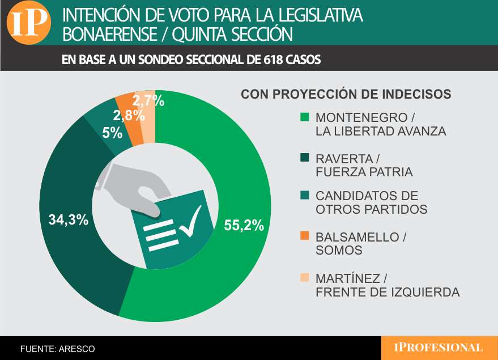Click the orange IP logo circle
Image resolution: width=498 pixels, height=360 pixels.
(28, 23)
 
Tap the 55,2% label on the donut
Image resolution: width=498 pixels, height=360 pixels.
(244, 225)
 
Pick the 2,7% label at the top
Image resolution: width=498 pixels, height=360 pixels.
(148, 101)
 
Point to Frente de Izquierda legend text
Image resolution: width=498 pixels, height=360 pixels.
(387, 293)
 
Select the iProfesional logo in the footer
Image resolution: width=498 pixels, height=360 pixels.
(439, 348)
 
